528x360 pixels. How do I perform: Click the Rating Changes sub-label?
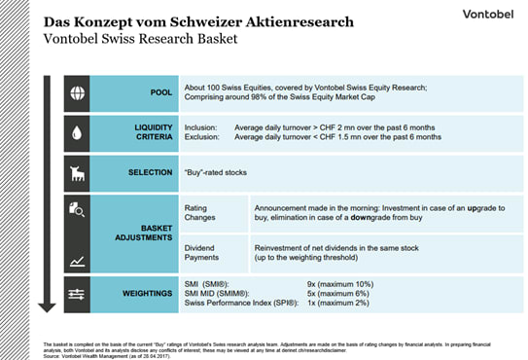(202, 214)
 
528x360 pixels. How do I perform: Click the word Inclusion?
(201, 127)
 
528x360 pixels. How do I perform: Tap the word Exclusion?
(201, 137)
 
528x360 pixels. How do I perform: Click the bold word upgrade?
(481, 209)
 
